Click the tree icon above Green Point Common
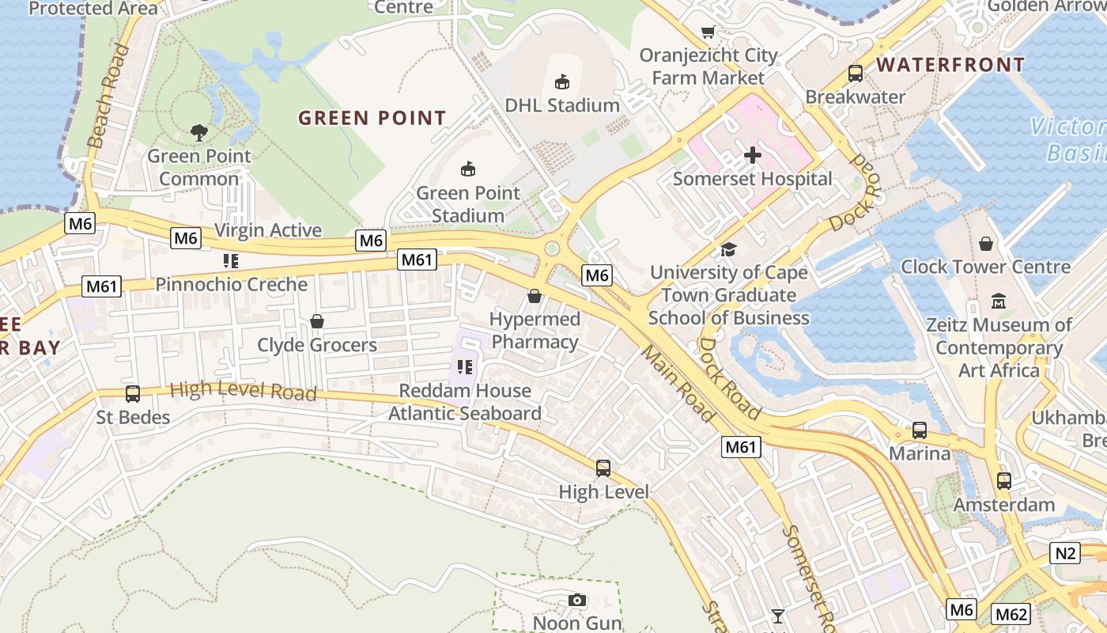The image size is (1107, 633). (x=198, y=132)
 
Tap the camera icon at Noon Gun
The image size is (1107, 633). (x=577, y=600)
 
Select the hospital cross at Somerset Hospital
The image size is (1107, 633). (x=752, y=155)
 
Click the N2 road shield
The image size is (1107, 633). (x=1065, y=553)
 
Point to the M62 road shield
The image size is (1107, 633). (x=1011, y=614)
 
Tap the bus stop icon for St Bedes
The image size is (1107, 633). (x=133, y=393)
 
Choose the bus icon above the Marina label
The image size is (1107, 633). (x=919, y=430)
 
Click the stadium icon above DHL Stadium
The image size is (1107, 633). (x=561, y=81)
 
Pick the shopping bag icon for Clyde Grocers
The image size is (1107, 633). (x=317, y=321)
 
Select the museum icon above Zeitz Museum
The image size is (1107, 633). (x=999, y=301)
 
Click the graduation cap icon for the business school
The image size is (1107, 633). (x=728, y=250)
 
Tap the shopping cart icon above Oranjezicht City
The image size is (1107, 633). (x=708, y=32)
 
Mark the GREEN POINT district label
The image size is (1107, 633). (x=372, y=119)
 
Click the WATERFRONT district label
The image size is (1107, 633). (x=950, y=65)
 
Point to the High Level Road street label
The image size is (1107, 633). (x=243, y=391)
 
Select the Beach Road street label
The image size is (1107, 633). (x=108, y=97)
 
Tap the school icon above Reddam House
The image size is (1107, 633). (x=464, y=367)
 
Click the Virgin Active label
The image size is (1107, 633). (x=268, y=230)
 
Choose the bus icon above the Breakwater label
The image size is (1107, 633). (x=855, y=74)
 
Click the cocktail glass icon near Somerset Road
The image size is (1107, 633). (x=778, y=616)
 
